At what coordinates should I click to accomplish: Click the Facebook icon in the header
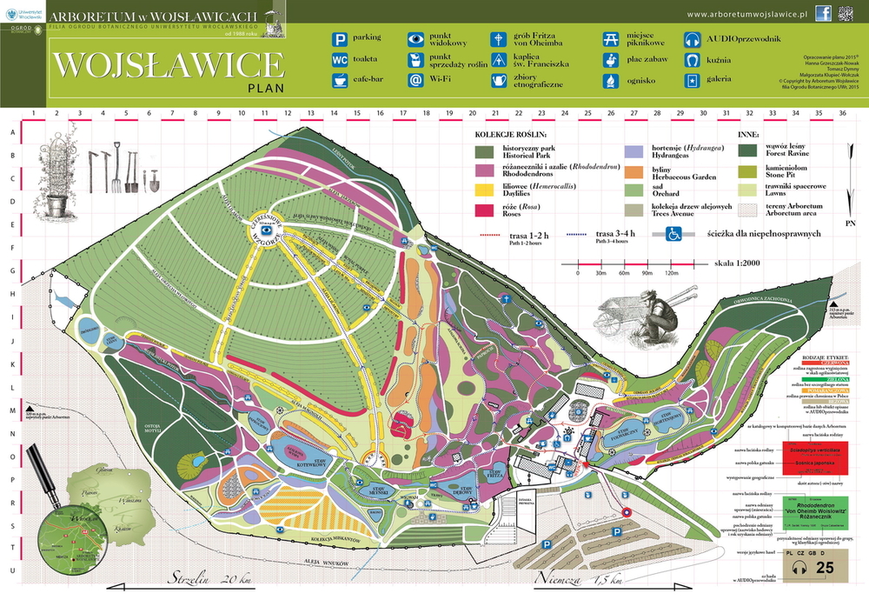pos(824,13)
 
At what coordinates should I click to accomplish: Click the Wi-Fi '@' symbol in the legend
pos(416,80)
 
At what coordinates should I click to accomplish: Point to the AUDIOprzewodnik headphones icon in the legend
pos(693,38)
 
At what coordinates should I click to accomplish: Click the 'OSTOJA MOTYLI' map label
pos(145,429)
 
